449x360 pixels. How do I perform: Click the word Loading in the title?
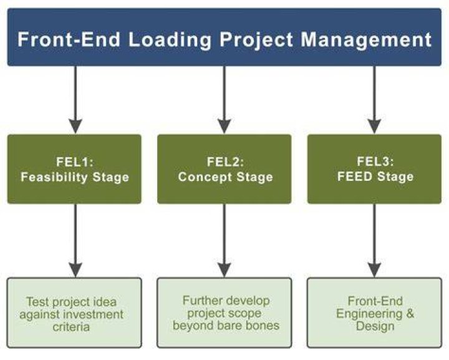tap(170, 40)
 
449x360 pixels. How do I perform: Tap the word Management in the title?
tap(366, 40)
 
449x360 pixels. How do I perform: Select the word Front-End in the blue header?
tap(69, 39)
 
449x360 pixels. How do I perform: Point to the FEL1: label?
tap(75, 162)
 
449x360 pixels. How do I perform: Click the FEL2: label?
tap(225, 162)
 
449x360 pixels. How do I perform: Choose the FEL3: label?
tap(375, 162)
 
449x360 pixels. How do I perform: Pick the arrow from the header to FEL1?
tap(75, 100)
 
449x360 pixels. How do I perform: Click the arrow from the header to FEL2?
tap(224, 100)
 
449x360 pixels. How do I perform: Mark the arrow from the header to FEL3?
tap(374, 100)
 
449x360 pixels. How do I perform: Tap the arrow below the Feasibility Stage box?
tap(75, 241)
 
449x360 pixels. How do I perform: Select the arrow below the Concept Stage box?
tap(224, 241)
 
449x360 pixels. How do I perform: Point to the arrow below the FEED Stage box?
tap(374, 241)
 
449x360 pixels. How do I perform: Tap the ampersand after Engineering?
tap(410, 313)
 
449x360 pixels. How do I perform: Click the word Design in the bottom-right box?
tap(375, 326)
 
